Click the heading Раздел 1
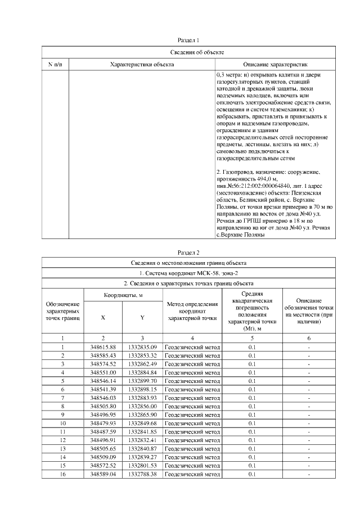tap(188, 40)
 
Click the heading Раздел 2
tap(188, 252)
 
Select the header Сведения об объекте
tap(188, 52)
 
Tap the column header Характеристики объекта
tap(142, 65)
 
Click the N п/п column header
tap(55, 65)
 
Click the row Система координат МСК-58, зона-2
tap(188, 273)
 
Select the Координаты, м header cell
tap(123, 295)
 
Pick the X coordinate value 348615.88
tap(103, 348)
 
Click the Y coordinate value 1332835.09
tap(142, 348)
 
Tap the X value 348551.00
tap(103, 373)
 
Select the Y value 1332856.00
tap(142, 407)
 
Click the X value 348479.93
tap(103, 424)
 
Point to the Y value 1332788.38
tap(142, 475)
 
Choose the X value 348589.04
tap(103, 475)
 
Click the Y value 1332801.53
tap(142, 466)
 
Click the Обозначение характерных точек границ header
tap(63, 311)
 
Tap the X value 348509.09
tap(103, 458)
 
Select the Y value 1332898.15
tap(142, 390)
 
